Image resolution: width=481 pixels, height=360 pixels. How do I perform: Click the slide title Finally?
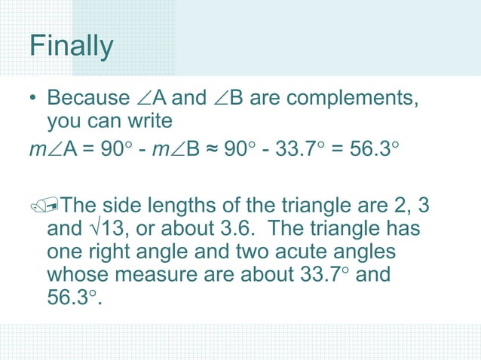[x=72, y=47]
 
